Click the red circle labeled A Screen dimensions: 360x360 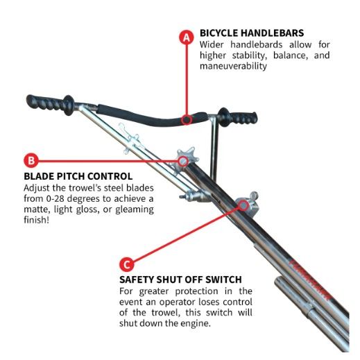pyautogui.click(x=187, y=37)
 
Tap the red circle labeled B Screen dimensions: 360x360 pyautogui.click(x=31, y=160)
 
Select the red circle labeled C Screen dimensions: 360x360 pyautogui.click(x=127, y=264)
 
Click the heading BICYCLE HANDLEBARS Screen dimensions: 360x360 pyautogui.click(x=252, y=33)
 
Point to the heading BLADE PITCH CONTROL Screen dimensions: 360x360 pyautogui.click(x=78, y=176)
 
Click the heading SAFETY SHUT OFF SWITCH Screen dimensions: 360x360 pyautogui.click(x=180, y=280)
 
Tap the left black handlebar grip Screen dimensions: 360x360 pyautogui.click(x=50, y=103)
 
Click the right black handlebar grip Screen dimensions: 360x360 pyautogui.click(x=238, y=118)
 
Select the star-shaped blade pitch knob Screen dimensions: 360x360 pyautogui.click(x=187, y=157)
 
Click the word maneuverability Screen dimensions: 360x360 pyautogui.click(x=233, y=66)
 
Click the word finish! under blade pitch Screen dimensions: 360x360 pyautogui.click(x=37, y=220)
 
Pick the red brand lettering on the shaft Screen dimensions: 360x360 pyautogui.click(x=309, y=280)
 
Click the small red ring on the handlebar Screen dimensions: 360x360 pyautogui.click(x=187, y=119)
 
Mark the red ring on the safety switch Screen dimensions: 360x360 pyautogui.click(x=243, y=205)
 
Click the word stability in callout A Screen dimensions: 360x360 pyautogui.click(x=249, y=55)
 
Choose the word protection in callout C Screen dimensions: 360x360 pyautogui.click(x=196, y=291)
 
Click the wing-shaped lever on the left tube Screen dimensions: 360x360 pyautogui.click(x=130, y=139)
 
